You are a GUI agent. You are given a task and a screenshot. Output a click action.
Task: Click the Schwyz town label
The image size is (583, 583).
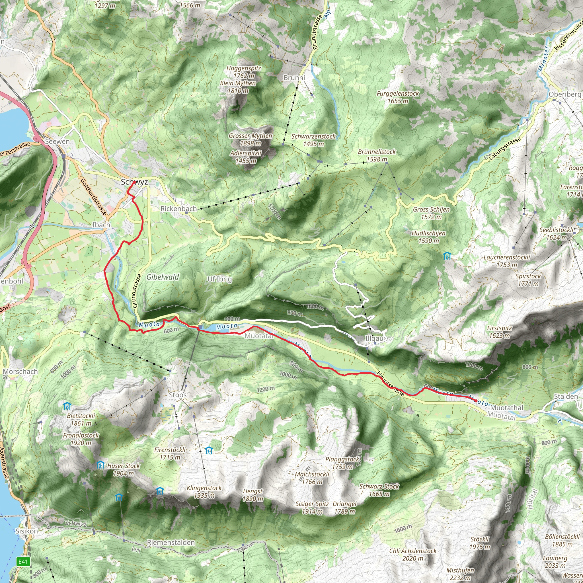coord(134,182)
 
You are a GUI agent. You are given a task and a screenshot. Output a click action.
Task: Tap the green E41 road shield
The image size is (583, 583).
coord(23,562)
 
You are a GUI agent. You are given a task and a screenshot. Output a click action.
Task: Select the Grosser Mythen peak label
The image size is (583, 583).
coord(251,139)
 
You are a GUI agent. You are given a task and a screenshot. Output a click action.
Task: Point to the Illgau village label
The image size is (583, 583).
coord(374,338)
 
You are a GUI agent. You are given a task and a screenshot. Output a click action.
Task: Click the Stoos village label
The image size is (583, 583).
coord(177,395)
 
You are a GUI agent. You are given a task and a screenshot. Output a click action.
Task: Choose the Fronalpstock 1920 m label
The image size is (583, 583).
coord(81,439)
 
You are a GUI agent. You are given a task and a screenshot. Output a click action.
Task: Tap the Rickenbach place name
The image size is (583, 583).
coord(179,208)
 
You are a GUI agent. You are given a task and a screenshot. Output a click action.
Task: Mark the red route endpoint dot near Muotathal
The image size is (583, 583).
coord(476,401)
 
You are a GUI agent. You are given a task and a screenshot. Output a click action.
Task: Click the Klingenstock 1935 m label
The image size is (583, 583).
coord(204,492)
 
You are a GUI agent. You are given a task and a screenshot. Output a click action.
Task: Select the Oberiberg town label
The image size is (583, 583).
coord(564,94)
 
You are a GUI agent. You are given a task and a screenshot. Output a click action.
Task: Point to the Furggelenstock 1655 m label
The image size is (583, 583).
coord(398,97)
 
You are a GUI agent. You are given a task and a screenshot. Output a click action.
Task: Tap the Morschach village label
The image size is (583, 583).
coord(20,371)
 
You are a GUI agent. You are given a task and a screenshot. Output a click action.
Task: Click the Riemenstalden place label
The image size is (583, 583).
coord(171,542)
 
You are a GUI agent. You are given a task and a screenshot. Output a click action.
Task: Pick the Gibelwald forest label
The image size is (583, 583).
coord(163,277)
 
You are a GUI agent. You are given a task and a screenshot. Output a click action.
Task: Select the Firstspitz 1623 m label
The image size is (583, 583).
coord(499,331)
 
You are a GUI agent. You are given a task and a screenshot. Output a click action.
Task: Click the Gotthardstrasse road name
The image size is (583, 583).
coord(94,196)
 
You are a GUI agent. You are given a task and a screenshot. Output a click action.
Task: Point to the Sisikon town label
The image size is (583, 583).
coord(26,531)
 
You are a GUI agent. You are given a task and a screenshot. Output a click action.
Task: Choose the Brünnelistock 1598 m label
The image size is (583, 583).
coord(377,155)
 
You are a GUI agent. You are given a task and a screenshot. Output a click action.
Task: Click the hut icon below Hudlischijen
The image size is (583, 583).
coord(447,256)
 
